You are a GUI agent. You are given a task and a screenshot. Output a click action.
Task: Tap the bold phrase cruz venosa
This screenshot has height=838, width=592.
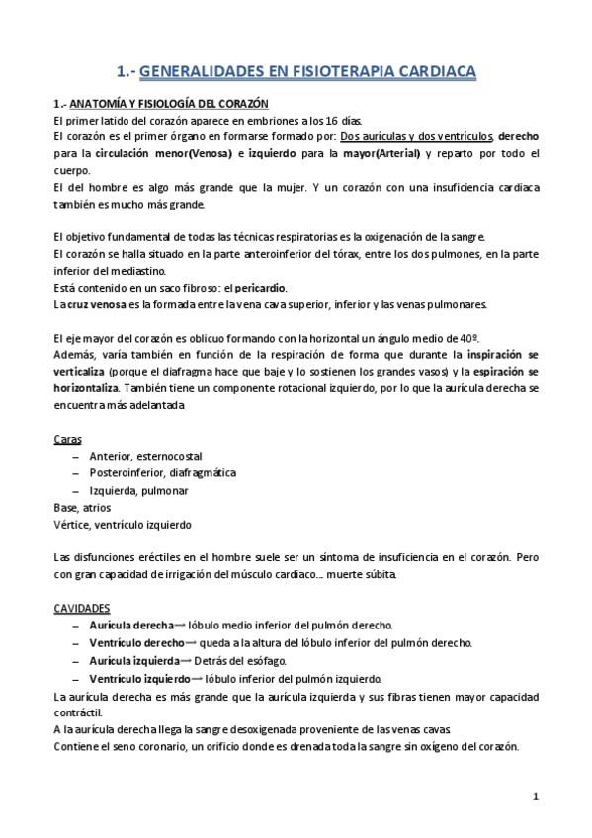click(90, 304)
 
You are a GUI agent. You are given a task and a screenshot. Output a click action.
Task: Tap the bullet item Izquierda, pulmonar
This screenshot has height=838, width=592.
click(138, 490)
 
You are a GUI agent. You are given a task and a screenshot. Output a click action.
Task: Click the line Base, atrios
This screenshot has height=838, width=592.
click(82, 507)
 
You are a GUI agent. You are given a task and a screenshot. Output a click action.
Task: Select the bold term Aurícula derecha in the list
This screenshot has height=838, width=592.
click(131, 625)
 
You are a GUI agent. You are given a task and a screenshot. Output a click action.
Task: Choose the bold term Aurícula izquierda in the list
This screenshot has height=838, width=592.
click(134, 659)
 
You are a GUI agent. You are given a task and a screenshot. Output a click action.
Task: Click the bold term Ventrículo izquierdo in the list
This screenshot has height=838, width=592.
click(139, 677)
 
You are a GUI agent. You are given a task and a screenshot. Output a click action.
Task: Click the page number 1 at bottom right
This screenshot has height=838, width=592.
click(535, 796)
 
